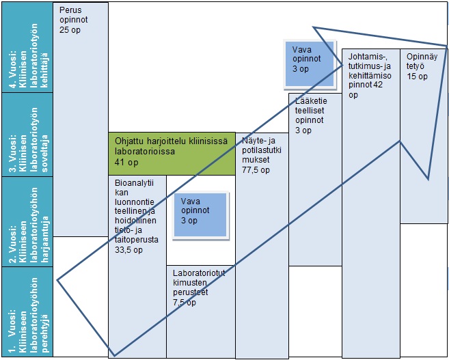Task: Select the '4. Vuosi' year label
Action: tap(27, 47)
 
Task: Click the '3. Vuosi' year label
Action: tap(27, 135)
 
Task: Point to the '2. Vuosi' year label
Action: tap(27, 221)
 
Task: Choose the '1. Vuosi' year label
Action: tap(27, 311)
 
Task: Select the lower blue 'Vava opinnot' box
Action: tap(199, 214)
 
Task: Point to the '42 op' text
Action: tap(357, 87)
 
